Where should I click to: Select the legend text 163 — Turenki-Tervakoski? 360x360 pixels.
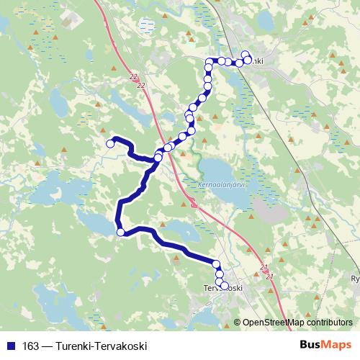[x=84, y=346]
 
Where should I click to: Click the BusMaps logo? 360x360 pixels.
[x=326, y=346]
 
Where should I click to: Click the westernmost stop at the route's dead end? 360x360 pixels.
[x=111, y=143]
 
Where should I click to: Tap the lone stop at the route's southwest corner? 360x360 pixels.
[x=121, y=232]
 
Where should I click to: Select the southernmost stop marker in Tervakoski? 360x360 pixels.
[x=224, y=286]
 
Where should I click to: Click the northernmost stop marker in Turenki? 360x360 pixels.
[x=245, y=54]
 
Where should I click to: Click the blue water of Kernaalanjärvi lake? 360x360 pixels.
[x=223, y=169]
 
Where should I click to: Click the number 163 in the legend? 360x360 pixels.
[x=30, y=346]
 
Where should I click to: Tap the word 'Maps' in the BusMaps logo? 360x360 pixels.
[x=336, y=346]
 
